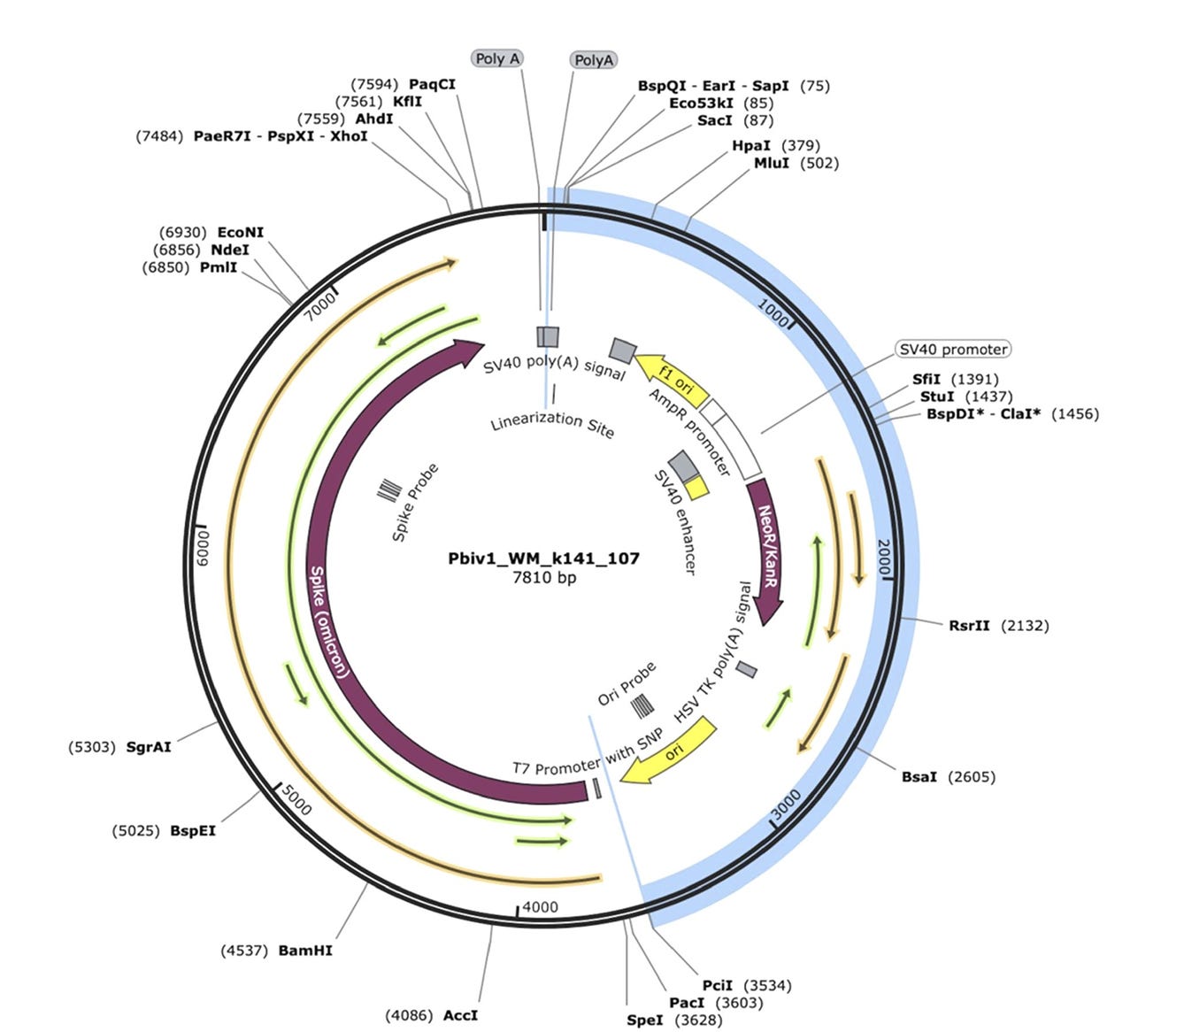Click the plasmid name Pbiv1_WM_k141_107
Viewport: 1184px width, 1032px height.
click(x=543, y=558)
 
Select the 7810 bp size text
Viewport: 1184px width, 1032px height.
click(x=544, y=577)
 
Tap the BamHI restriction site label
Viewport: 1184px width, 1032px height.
click(x=305, y=951)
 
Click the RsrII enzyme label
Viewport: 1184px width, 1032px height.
click(x=969, y=626)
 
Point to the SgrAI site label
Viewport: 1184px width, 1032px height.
click(x=149, y=747)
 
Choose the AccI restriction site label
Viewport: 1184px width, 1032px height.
click(x=460, y=1015)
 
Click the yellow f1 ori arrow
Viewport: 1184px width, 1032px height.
click(x=673, y=379)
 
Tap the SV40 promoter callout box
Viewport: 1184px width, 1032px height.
click(x=953, y=350)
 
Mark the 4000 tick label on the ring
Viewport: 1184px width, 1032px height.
click(x=540, y=907)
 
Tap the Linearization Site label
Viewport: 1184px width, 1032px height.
click(x=552, y=423)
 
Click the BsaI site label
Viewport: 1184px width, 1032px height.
click(x=919, y=777)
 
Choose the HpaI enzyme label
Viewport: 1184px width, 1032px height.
click(x=750, y=145)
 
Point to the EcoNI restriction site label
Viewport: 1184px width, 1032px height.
click(x=241, y=233)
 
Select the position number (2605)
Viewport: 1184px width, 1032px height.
click(x=972, y=777)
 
